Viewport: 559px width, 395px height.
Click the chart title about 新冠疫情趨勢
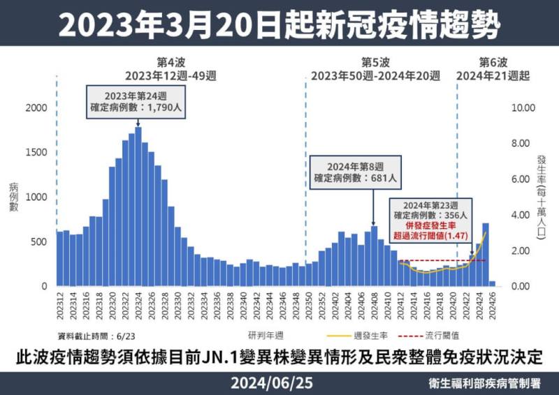(x=279, y=26)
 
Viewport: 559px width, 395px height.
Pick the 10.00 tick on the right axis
(x=524, y=107)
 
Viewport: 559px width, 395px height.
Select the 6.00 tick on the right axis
(x=524, y=179)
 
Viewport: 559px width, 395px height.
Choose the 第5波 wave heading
(x=376, y=61)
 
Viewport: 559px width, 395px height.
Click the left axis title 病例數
(x=13, y=197)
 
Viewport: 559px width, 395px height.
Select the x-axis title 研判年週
(x=266, y=334)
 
